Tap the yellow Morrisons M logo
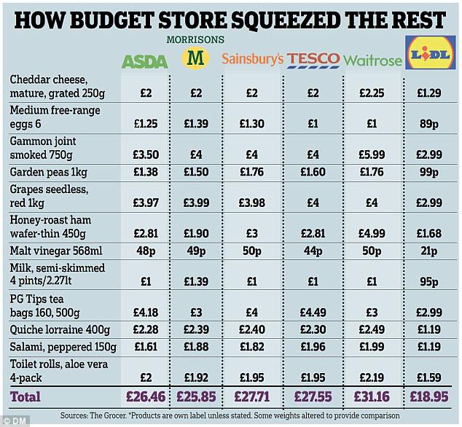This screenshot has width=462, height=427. click(x=195, y=56)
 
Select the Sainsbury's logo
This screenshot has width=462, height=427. click(x=252, y=58)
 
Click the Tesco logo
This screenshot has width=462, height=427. click(x=313, y=58)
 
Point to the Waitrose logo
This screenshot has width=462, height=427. click(x=372, y=59)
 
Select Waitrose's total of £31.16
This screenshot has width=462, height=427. click(x=372, y=397)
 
